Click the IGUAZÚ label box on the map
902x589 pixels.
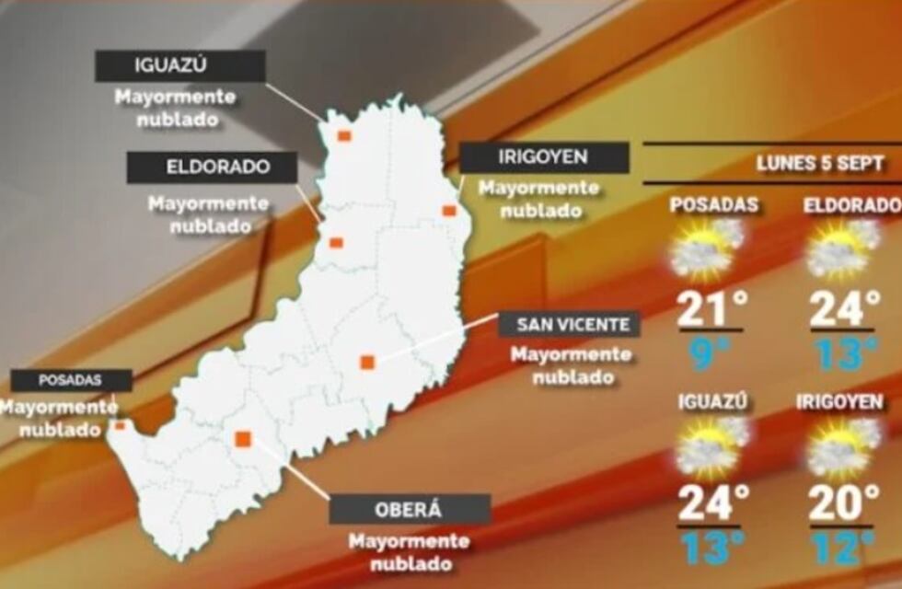180,66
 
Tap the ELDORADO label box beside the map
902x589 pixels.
212,167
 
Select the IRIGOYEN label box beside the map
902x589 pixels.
544,157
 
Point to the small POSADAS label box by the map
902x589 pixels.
71,380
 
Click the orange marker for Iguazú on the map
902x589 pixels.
344,136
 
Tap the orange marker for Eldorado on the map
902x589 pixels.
336,243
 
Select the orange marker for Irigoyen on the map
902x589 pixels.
449,211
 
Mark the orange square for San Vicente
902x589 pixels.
367,363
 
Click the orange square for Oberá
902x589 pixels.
243,439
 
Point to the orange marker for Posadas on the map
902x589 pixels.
120,425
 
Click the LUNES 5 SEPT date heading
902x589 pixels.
820,164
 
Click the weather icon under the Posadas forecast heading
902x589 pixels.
707,248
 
